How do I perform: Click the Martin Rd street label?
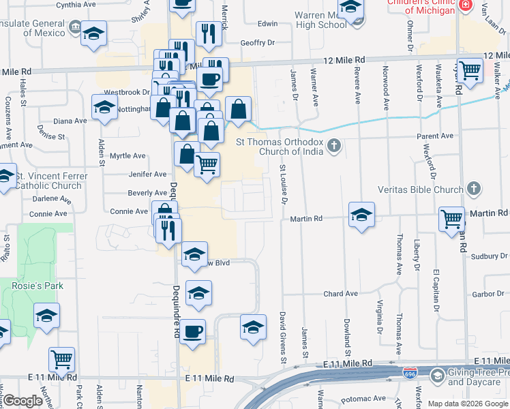click(x=305, y=219)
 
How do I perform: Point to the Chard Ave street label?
click(x=340, y=294)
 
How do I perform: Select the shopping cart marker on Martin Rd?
click(x=451, y=219)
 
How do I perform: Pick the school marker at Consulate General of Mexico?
click(x=93, y=33)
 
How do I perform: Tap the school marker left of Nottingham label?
click(x=104, y=108)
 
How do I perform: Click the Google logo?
click(x=22, y=400)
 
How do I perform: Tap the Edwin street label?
click(x=267, y=23)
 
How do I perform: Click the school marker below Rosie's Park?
click(x=46, y=316)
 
